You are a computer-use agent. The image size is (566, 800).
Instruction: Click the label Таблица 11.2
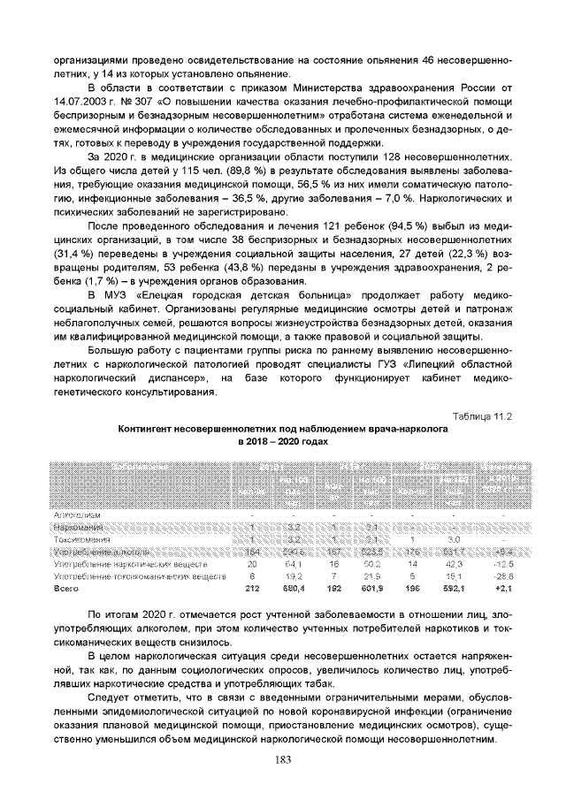point(483,416)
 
